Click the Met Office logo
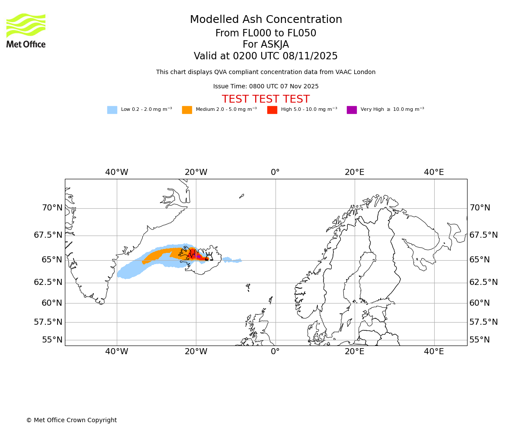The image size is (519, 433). pos(26,30)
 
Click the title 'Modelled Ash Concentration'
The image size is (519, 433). pos(266,20)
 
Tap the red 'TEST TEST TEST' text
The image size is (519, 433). pos(266,100)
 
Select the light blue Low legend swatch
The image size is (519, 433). pos(112,110)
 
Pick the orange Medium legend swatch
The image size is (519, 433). pos(187,110)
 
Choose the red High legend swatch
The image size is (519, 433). pos(272,110)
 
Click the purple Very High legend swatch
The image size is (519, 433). pos(352,110)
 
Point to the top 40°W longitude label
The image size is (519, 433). pos(117,172)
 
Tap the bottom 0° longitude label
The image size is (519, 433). pos(275,352)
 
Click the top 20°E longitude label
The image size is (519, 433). pos(355,172)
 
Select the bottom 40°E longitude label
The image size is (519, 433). pos(434,352)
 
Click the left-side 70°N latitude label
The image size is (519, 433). pos(52,208)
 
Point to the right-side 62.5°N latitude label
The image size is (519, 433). pos(484,282)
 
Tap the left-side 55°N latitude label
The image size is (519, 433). pos(52,340)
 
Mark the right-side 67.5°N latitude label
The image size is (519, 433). pos(484,235)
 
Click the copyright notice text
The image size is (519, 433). pos(71,420)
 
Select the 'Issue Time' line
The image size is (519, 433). pos(266,87)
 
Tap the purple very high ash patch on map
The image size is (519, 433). pos(199,257)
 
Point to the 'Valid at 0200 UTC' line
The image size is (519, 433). pos(266,56)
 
